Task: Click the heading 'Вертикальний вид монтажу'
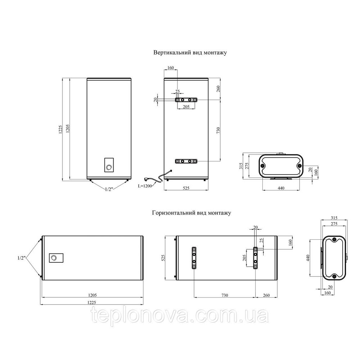pyautogui.click(x=190, y=53)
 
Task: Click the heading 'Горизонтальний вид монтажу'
pyautogui.click(x=192, y=213)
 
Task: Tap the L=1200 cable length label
pyautogui.click(x=145, y=186)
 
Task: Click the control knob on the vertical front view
pyautogui.click(x=109, y=168)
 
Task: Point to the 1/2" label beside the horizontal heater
pyautogui.click(x=21, y=258)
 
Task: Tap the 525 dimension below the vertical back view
pyautogui.click(x=186, y=188)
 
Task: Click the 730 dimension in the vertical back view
pyautogui.click(x=218, y=130)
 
